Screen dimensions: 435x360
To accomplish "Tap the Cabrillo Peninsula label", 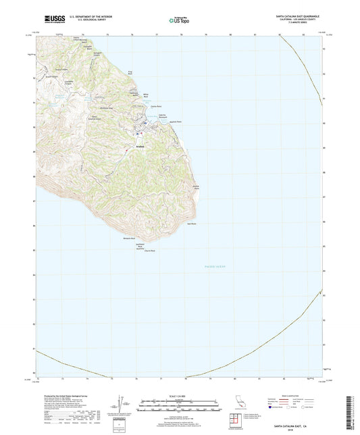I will [162, 116].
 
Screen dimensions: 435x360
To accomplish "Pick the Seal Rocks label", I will [190, 224].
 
